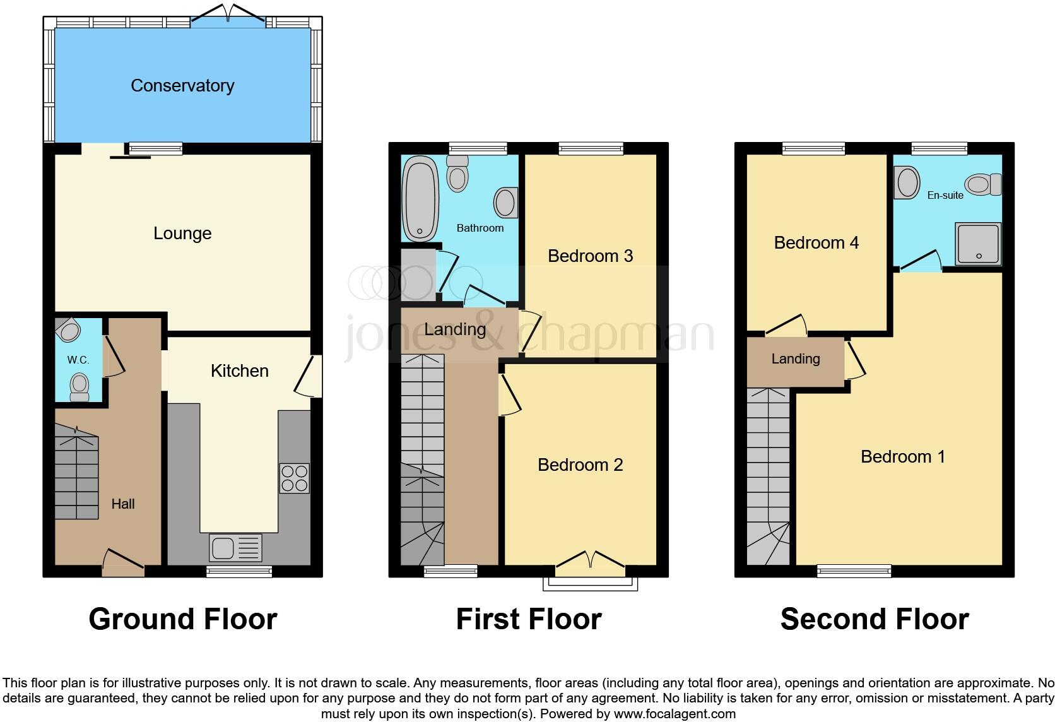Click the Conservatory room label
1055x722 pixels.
pos(182,86)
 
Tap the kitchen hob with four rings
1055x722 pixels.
pos(294,478)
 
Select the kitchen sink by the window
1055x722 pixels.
pos(235,548)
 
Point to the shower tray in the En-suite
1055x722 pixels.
pos(978,243)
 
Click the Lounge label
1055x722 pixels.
pos(182,234)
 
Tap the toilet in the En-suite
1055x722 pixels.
pos(983,185)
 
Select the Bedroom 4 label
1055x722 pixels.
pos(816,243)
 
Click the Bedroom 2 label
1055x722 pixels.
pos(580,465)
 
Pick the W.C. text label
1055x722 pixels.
pos(78,360)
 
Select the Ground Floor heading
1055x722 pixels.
pos(183,619)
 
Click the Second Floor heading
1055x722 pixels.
pos(875,619)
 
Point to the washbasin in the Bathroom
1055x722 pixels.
pos(505,203)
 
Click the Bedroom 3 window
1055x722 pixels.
pos(591,149)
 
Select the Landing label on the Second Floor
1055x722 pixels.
pos(796,359)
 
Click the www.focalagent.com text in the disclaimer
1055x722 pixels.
pos(674,714)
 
